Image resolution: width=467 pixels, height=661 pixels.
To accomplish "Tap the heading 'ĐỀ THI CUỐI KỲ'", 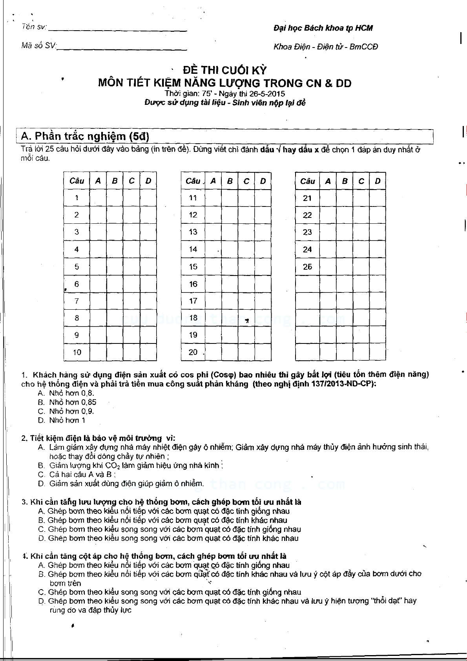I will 225,70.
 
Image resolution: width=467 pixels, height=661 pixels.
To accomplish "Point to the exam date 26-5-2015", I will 265,94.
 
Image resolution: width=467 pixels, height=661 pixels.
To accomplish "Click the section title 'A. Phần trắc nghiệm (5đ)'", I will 85,136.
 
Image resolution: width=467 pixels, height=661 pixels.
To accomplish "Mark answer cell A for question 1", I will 98,198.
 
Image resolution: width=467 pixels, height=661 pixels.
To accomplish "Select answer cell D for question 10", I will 148,352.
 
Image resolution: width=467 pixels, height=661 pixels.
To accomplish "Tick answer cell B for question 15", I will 230,267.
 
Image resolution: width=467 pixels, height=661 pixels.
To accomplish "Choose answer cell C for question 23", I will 361,232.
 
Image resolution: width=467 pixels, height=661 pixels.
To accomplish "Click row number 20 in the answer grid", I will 193,352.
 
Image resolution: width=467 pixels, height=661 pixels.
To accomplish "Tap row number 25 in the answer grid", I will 307,267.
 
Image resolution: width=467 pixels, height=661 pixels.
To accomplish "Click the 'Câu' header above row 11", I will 193,181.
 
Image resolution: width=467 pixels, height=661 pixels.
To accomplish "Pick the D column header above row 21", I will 378,181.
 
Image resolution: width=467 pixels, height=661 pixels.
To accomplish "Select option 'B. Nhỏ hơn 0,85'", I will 67,402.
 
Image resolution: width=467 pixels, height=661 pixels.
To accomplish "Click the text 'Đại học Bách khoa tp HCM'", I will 323,28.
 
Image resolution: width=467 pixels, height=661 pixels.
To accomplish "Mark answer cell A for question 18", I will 213,318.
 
